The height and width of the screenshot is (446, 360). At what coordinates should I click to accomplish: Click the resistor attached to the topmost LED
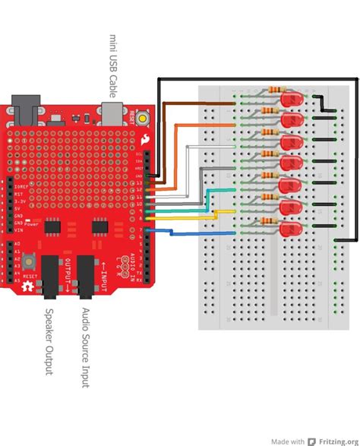[x=268, y=93]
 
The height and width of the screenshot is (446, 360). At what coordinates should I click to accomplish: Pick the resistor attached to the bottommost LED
[x=268, y=222]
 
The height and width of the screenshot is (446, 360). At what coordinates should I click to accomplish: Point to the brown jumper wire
[x=197, y=102]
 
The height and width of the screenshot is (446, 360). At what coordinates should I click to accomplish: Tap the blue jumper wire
[x=190, y=232]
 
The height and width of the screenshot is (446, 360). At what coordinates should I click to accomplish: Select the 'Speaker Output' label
[x=50, y=340]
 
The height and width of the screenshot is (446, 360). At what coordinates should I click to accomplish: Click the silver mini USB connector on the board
[x=112, y=113]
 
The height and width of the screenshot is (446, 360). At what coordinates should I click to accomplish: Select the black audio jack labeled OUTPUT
[x=50, y=277]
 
